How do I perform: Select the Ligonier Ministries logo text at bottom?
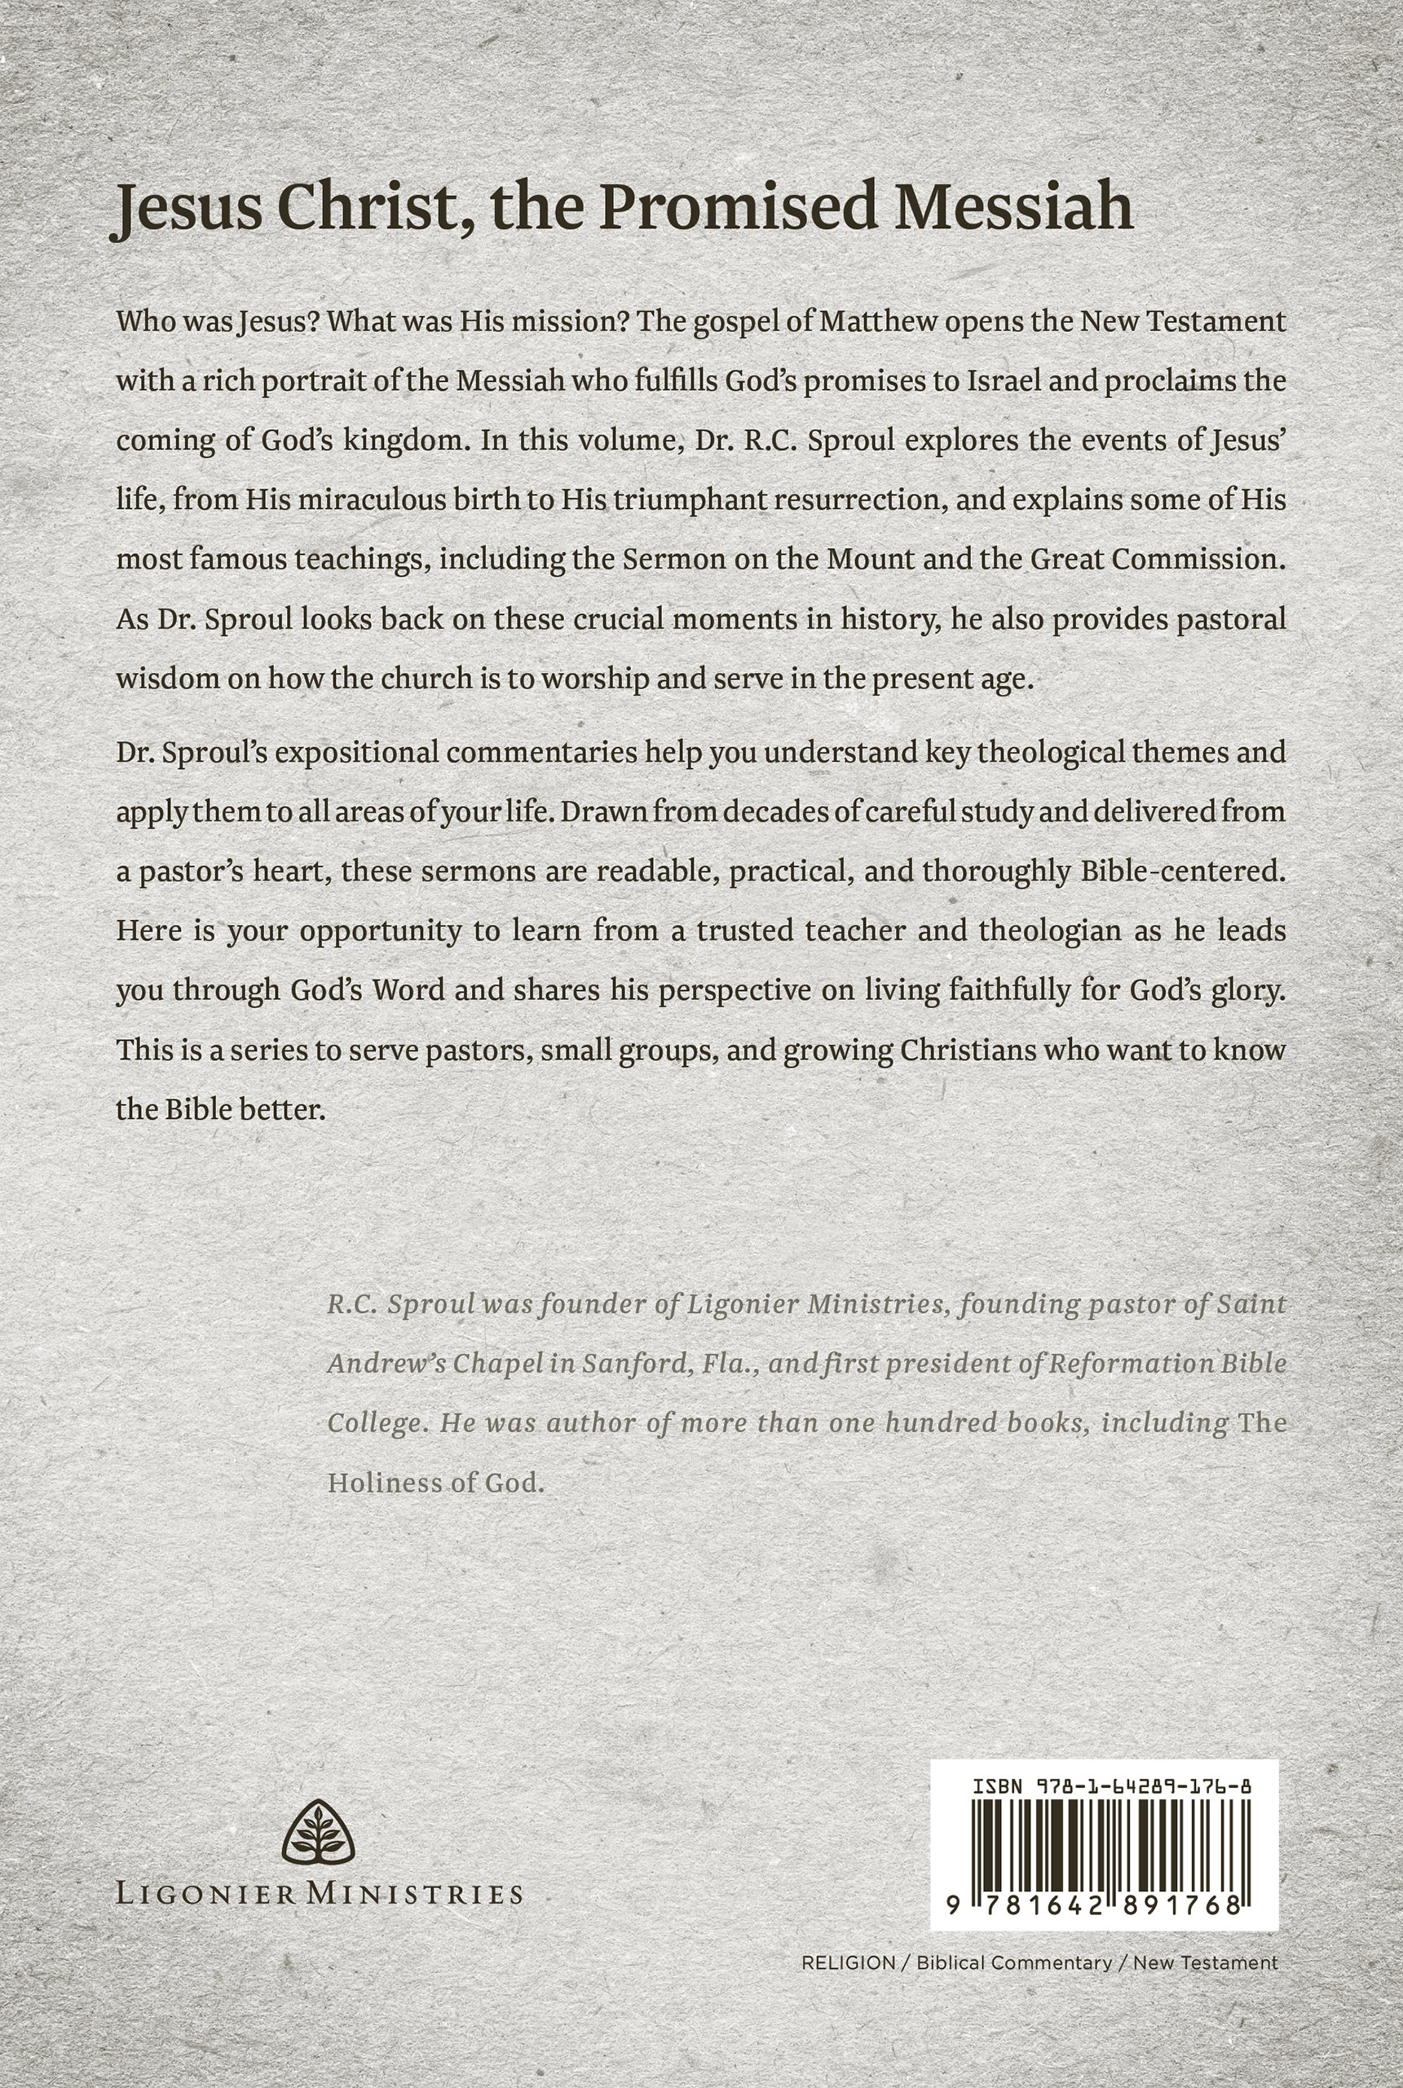click(x=319, y=1893)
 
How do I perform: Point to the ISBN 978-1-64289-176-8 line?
click(x=1110, y=1786)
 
